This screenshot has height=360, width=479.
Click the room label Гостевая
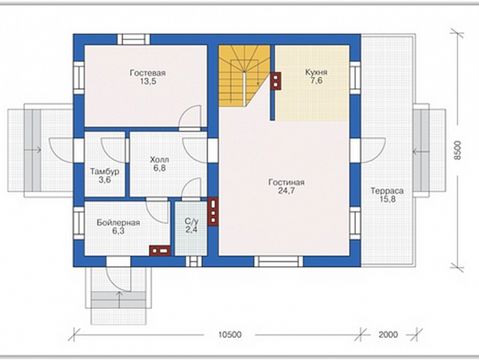147,73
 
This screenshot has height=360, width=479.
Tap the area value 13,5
148,82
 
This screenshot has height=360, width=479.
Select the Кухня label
316,73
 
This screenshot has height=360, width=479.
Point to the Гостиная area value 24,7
286,191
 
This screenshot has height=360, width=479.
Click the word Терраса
387,191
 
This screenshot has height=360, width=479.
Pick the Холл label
159,160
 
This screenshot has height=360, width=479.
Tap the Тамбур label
104,172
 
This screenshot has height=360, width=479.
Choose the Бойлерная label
118,222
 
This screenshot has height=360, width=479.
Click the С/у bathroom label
192,221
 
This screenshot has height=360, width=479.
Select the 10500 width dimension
230,334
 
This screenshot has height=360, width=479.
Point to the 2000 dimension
388,334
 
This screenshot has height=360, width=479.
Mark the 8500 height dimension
457,151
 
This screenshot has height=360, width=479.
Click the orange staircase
244,76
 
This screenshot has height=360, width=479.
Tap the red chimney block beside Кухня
276,81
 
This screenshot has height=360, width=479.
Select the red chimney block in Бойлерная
159,251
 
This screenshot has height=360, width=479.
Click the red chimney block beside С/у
212,212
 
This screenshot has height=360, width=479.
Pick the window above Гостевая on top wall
134,39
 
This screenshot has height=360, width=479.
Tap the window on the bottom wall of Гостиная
279,262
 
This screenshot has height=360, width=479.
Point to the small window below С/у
193,262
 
